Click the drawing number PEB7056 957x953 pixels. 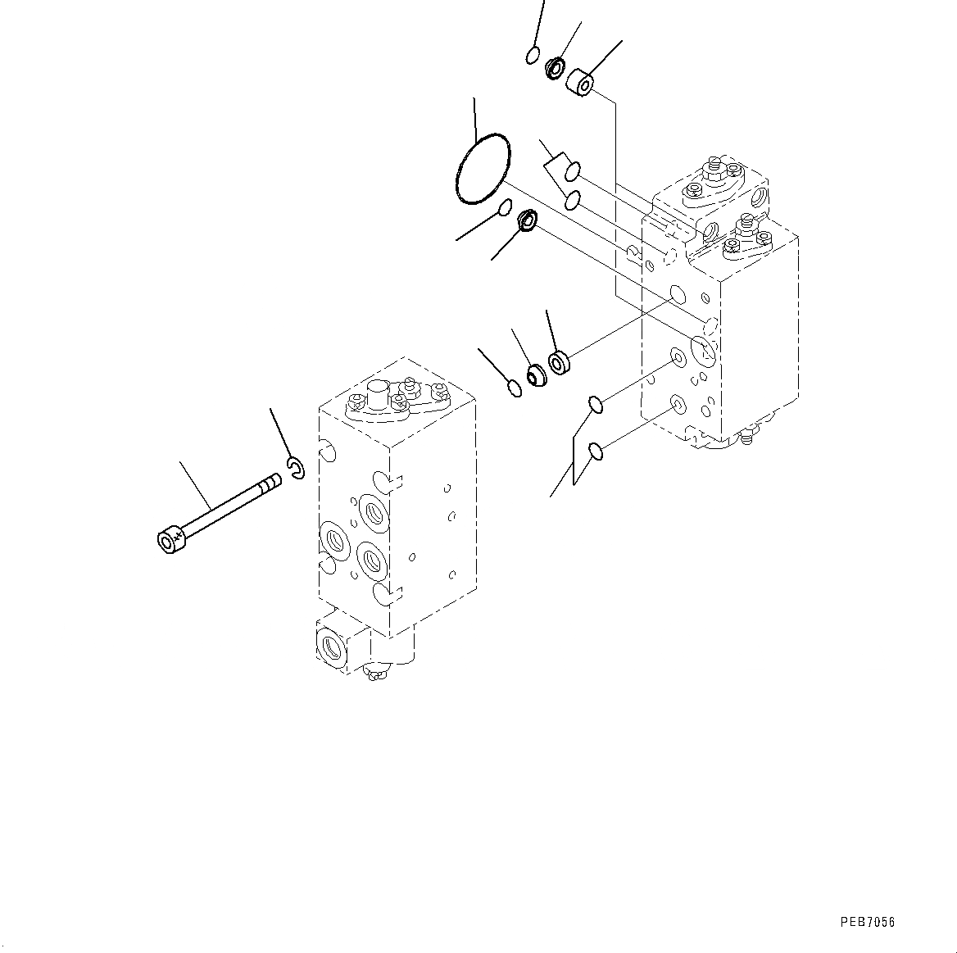867,922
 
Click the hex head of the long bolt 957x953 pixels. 170,541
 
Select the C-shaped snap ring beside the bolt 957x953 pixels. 297,468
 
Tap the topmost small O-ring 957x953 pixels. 533,56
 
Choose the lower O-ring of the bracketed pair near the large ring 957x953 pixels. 573,199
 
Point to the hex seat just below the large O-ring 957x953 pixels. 526,220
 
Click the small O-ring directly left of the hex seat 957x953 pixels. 506,206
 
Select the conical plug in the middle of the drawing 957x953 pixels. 537,375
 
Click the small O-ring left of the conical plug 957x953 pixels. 514,388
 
